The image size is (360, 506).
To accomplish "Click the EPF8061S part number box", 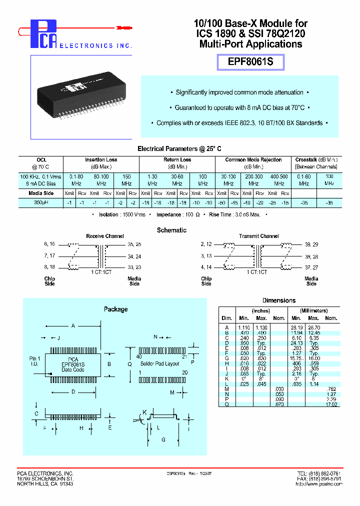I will tap(250, 62).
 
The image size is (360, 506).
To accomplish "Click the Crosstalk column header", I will tap(316, 160).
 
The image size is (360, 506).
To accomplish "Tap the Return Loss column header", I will tap(177, 160).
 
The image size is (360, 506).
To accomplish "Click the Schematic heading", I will tap(171, 230).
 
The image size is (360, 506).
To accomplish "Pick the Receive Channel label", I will tap(104, 236).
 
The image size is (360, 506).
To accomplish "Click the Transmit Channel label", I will tap(259, 236).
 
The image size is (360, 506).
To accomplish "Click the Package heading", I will tap(115, 309).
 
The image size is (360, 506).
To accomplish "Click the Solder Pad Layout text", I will tap(159, 363).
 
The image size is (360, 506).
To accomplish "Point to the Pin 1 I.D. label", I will tap(35, 361).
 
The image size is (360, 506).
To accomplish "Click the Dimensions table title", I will tap(279, 300).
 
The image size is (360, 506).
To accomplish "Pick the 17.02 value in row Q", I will tap(331, 404).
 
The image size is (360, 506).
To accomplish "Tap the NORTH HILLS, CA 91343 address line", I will tap(45, 484).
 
